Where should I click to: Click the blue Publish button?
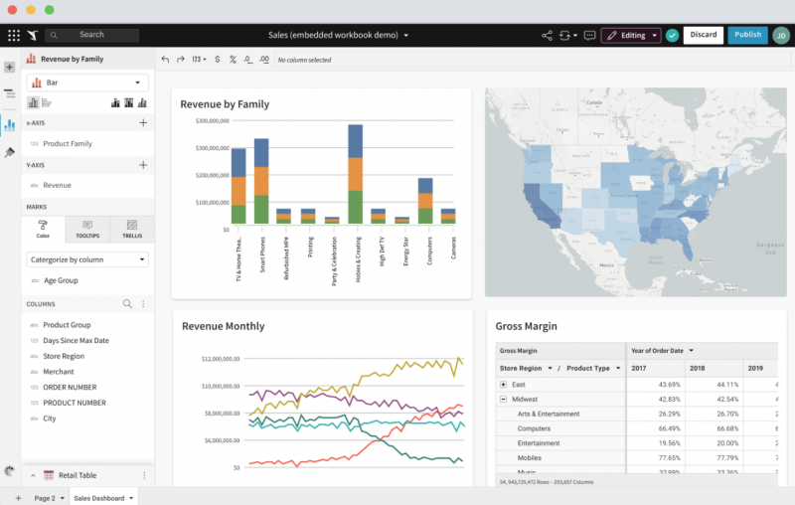point(747,35)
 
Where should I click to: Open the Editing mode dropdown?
point(631,35)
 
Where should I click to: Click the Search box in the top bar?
point(91,35)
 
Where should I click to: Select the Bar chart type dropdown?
point(87,83)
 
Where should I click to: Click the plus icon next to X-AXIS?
point(143,122)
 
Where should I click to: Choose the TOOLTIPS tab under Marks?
point(87,230)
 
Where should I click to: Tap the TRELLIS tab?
point(131,230)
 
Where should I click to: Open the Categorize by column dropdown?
point(87,259)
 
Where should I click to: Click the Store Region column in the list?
point(64,356)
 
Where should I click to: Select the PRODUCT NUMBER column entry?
point(74,403)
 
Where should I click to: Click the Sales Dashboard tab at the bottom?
point(103,497)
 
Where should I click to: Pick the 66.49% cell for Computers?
point(667,428)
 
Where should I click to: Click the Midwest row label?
point(526,399)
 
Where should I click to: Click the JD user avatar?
point(781,35)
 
